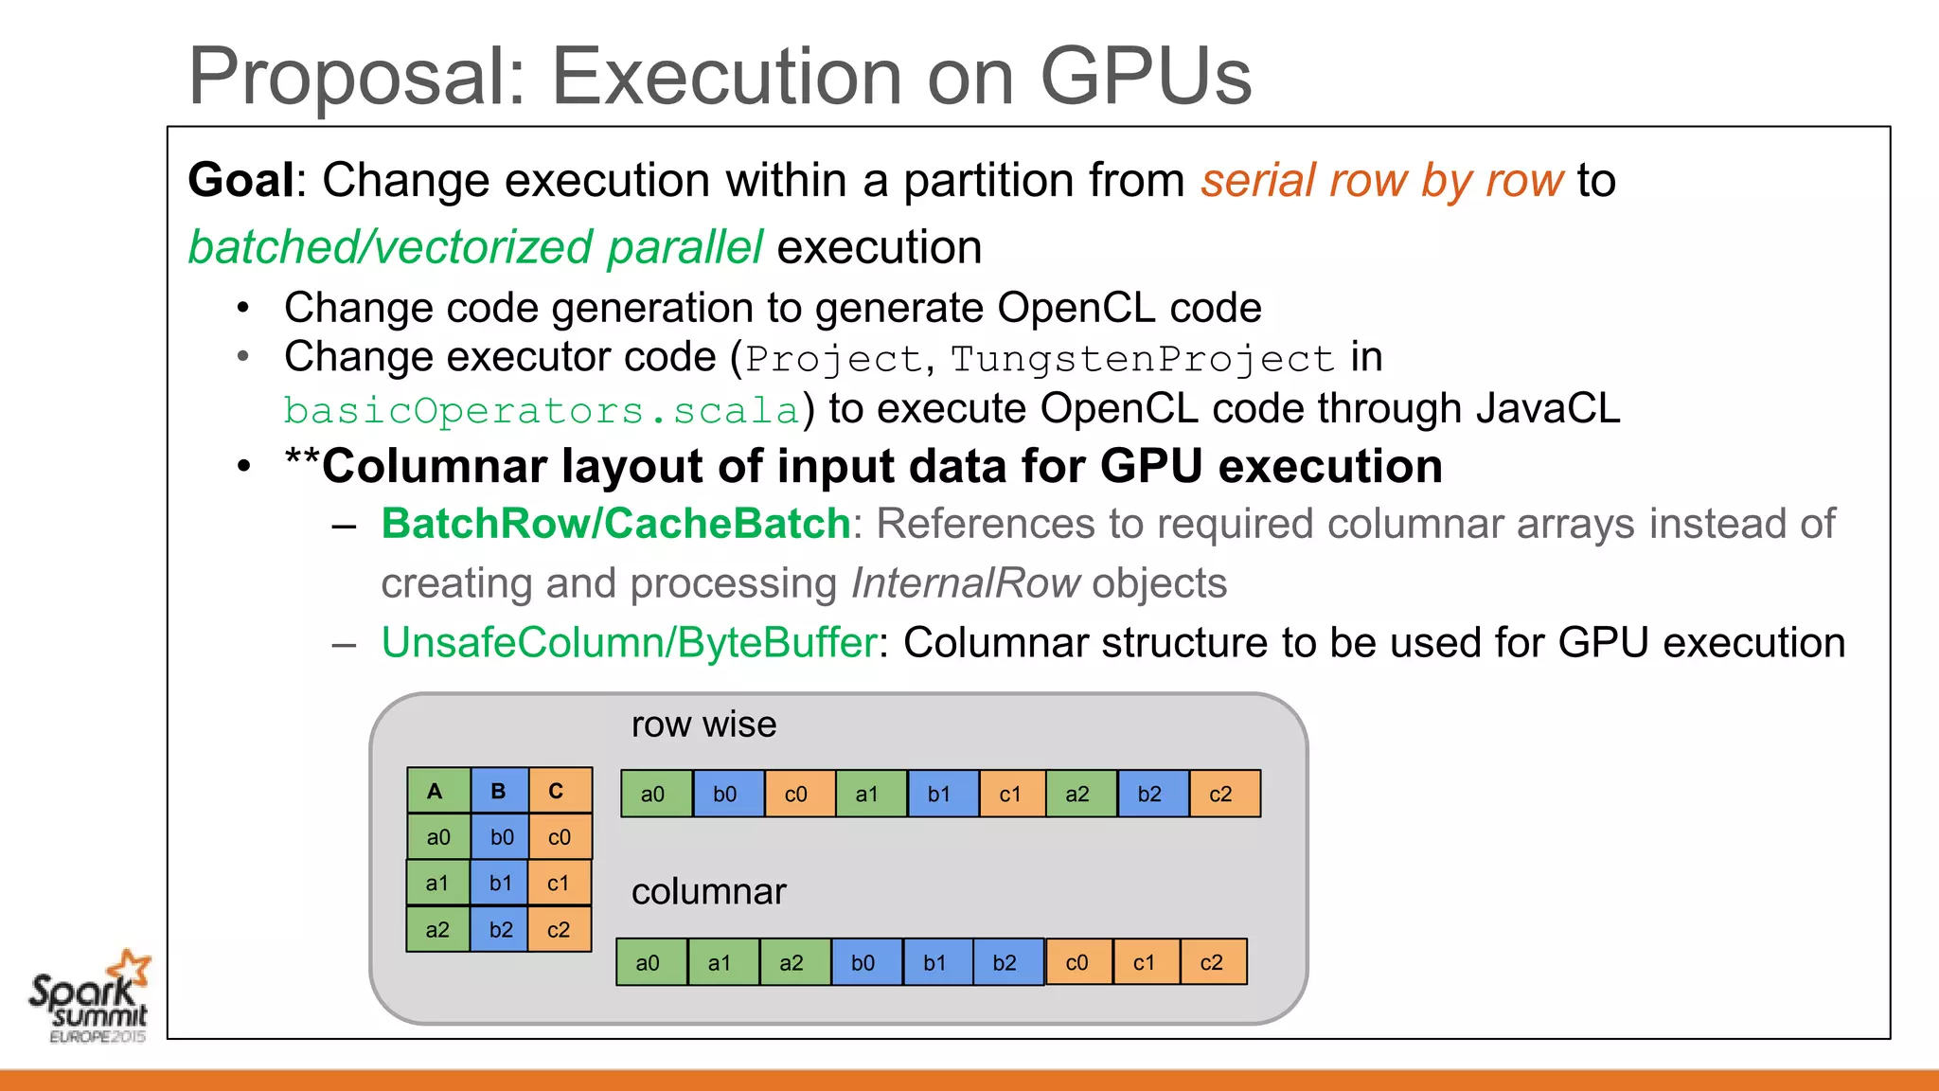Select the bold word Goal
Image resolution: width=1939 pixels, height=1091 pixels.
[241, 180]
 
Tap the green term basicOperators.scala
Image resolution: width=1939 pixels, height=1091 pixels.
[542, 411]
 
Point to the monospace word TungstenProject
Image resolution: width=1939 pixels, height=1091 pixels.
[1142, 359]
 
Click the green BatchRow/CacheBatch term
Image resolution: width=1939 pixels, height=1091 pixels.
[615, 524]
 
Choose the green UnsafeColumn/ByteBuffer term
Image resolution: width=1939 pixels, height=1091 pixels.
[630, 643]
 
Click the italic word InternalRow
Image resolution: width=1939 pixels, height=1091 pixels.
[965, 583]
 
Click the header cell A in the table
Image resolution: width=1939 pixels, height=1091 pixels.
[436, 791]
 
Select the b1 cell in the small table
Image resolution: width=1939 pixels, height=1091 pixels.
[499, 884]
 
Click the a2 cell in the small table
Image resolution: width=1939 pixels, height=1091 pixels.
[437, 930]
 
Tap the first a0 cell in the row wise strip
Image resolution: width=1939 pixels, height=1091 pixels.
[653, 795]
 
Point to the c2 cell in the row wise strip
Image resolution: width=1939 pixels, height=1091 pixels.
[1221, 795]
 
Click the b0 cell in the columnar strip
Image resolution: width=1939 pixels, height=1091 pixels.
[863, 963]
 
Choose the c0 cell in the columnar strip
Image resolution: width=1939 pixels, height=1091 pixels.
[1077, 963]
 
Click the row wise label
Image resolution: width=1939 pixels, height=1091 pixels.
[703, 724]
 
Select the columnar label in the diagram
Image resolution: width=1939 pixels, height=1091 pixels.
[708, 892]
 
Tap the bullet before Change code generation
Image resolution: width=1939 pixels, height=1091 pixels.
[244, 308]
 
